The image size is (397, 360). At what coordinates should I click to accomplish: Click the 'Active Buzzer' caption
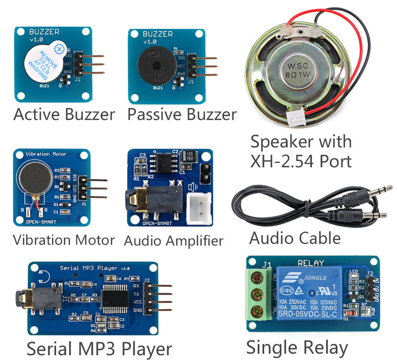[64, 114]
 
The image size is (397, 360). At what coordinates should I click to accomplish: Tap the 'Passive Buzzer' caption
[182, 114]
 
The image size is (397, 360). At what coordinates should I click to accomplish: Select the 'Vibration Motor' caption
[64, 240]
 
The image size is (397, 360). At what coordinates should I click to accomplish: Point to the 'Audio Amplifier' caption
[174, 240]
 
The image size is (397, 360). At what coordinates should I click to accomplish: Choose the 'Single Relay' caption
[297, 347]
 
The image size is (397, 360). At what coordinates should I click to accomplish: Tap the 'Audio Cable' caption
[295, 238]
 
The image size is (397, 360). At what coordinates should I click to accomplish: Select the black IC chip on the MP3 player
[117, 297]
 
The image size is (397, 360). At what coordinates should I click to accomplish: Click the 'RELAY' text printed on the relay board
[311, 263]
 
